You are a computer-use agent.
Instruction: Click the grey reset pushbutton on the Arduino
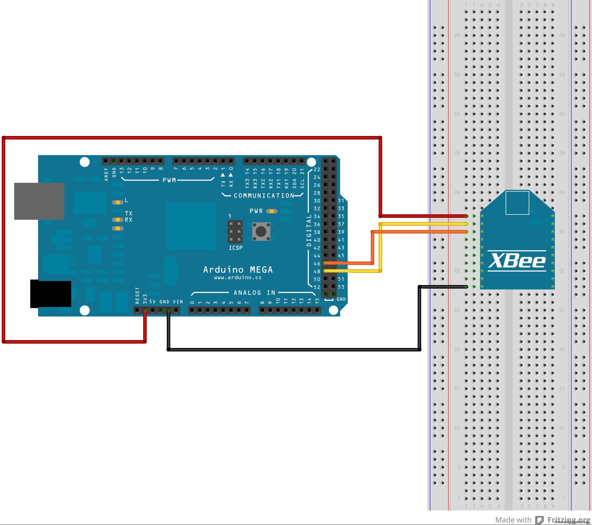point(261,231)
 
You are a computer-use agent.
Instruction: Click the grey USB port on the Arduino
point(39,201)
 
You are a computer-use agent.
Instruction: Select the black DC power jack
point(51,294)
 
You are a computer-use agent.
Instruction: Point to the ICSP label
point(235,248)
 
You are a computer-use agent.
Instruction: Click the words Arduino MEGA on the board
point(238,270)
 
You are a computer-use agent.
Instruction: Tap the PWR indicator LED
point(272,211)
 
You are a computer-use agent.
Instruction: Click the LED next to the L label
point(118,202)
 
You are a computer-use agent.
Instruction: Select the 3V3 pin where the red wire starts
point(145,311)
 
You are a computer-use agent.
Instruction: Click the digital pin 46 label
point(317,264)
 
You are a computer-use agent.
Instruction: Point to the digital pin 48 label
point(317,271)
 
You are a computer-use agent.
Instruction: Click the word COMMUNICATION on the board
point(264,196)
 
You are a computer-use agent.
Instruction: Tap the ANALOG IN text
point(254,293)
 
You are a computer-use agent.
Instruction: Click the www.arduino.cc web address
point(238,277)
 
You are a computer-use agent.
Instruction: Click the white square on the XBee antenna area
point(517,203)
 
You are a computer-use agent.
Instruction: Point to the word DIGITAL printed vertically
point(309,231)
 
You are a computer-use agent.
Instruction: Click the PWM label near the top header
point(169,180)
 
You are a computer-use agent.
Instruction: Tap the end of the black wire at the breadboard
point(466,287)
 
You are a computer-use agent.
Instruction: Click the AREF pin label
point(106,174)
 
